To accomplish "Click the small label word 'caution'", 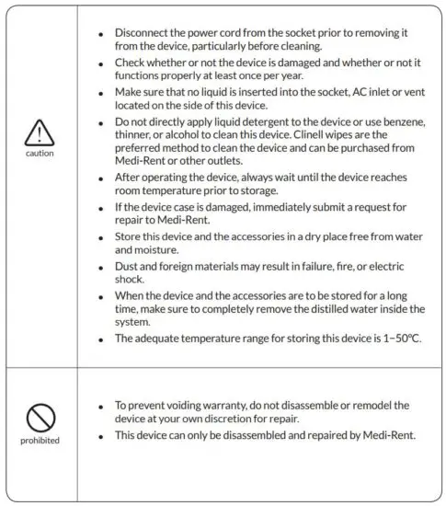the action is pyautogui.click(x=40, y=154).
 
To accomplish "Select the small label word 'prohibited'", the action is pyautogui.click(x=40, y=440).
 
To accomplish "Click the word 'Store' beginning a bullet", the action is pyautogui.click(x=131, y=236).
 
